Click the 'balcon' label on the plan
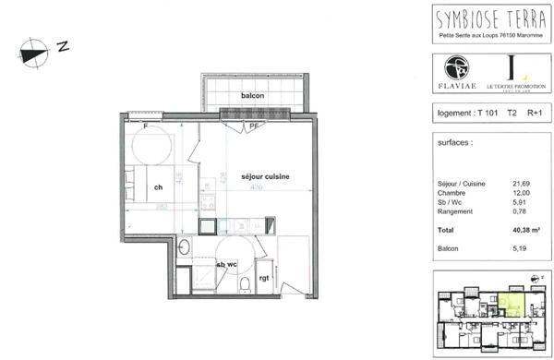tap(253, 96)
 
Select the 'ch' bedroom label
tap(159, 187)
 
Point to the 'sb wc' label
tap(227, 264)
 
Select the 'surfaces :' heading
tap(453, 144)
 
